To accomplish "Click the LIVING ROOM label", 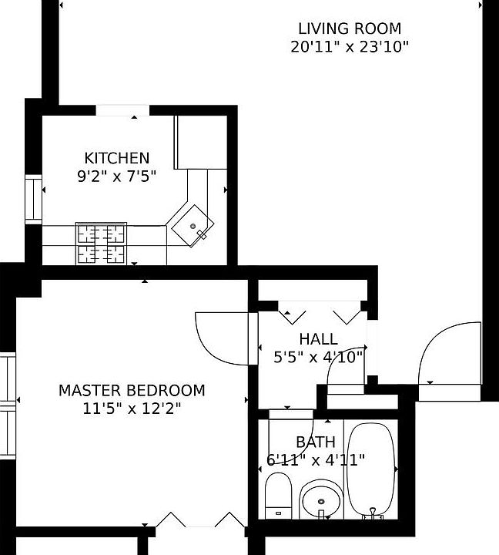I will coord(350,29).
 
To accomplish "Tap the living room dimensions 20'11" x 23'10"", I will coord(350,46).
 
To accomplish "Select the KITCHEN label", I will coord(117,158).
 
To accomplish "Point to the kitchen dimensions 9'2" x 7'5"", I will coord(117,176).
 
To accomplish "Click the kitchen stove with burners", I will coord(101,243).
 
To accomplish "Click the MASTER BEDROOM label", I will coord(132,391).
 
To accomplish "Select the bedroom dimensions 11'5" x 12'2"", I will coord(132,409).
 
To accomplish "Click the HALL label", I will coord(318,339).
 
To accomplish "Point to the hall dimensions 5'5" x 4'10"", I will coord(318,357).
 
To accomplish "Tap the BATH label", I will coord(316,442).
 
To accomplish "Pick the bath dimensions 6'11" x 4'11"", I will coord(316,460).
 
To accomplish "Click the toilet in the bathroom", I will coord(277,497).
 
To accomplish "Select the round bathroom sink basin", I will coord(320,503).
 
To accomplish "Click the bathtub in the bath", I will coord(371,470).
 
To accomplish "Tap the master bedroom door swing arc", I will coord(222,338).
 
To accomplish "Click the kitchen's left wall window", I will coord(33,199).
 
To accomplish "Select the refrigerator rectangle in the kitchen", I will coord(201,142).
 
